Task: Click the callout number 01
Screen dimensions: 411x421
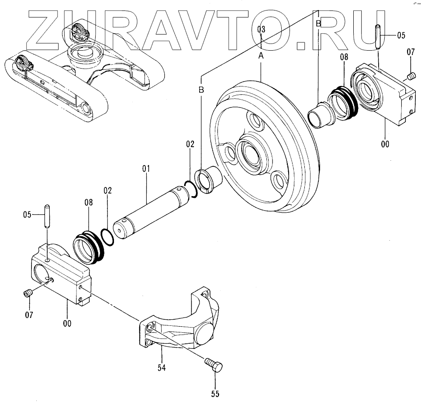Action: (145, 168)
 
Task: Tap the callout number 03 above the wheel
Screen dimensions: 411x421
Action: (261, 30)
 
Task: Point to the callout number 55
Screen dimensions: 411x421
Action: (215, 394)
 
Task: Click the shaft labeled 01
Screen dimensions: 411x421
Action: (153, 210)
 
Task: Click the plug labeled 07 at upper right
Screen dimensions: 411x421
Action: (410, 76)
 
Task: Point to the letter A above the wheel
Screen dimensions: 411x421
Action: (261, 55)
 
